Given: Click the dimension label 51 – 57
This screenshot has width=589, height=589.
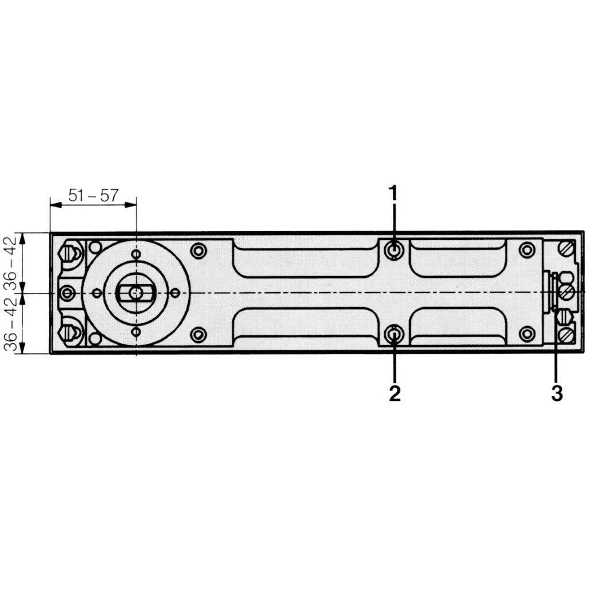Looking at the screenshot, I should coord(93,195).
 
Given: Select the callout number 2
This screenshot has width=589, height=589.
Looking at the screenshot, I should coord(394,394).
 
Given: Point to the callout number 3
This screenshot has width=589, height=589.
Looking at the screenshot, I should coord(556,394).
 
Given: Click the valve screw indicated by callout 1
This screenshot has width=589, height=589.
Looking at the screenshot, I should coord(394,250).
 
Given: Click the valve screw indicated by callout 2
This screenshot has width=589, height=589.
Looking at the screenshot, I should coord(394,333).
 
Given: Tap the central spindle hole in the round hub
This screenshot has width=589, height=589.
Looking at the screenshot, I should coord(136,293).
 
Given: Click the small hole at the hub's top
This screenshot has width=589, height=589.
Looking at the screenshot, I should coord(136,254).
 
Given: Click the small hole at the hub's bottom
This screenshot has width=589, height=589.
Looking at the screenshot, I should coord(136,332).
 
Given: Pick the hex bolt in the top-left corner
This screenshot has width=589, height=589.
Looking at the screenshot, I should coord(70,253).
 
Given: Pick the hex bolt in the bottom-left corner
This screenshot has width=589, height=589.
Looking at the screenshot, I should coord(70,332).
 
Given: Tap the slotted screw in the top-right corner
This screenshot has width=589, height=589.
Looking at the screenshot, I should coord(567,249).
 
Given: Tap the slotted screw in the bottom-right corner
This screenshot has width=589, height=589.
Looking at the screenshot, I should coord(567,334).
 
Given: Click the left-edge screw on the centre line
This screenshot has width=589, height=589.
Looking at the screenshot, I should coord(68,293).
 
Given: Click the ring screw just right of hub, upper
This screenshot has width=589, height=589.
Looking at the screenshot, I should coord(198,251).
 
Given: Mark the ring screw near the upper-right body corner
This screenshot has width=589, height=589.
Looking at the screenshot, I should coord(526,250).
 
